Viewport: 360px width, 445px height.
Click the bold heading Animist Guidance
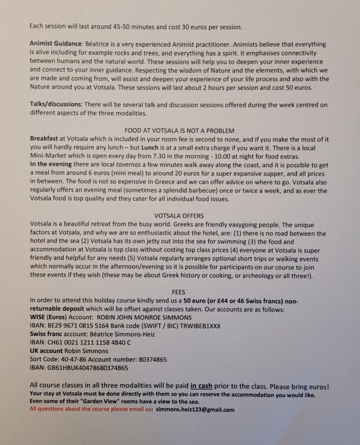(x=56, y=44)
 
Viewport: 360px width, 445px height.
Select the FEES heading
(x=179, y=292)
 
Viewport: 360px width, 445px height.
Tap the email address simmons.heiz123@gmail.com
(x=196, y=410)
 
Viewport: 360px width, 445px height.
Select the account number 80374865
(x=152, y=360)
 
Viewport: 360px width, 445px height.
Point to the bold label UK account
(x=46, y=351)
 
